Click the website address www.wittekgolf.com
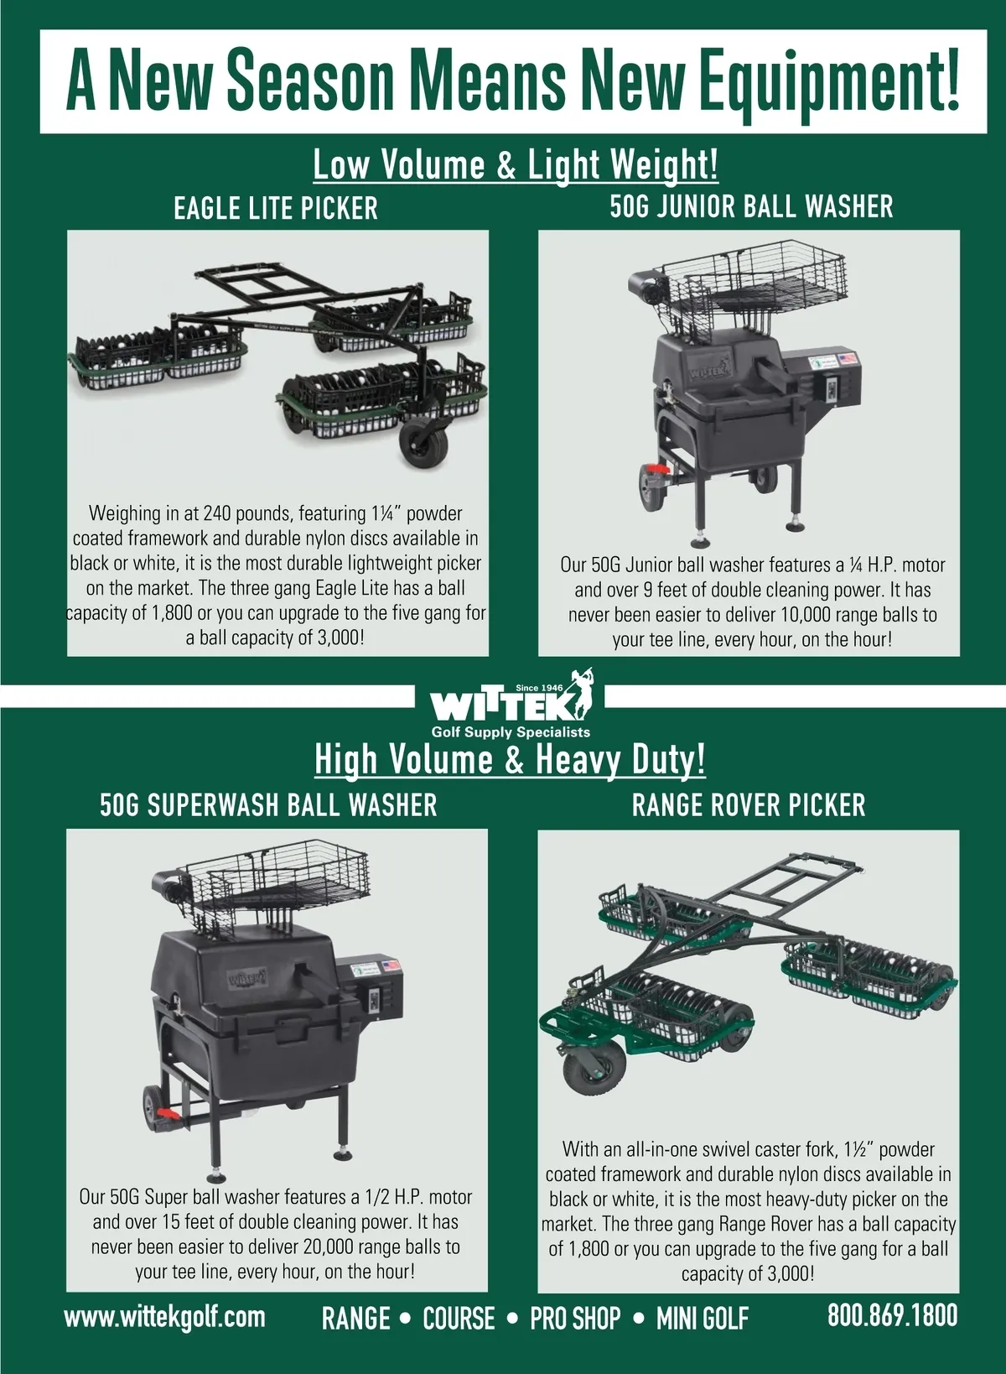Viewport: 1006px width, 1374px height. click(x=165, y=1317)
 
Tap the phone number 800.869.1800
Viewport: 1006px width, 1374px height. click(x=893, y=1315)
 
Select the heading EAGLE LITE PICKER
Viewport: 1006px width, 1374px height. click(x=276, y=209)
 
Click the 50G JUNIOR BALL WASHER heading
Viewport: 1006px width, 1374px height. click(x=751, y=206)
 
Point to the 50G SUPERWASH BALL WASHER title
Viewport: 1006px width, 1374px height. click(x=268, y=804)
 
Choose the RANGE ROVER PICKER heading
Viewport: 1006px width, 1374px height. click(x=749, y=804)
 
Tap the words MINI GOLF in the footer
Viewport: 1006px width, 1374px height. click(x=703, y=1318)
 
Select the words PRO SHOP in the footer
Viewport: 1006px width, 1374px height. click(x=575, y=1318)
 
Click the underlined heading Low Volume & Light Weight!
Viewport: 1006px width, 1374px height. click(x=516, y=164)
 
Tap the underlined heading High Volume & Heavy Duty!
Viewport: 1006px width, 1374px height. click(x=510, y=759)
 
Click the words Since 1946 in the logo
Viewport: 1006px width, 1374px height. click(x=540, y=688)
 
